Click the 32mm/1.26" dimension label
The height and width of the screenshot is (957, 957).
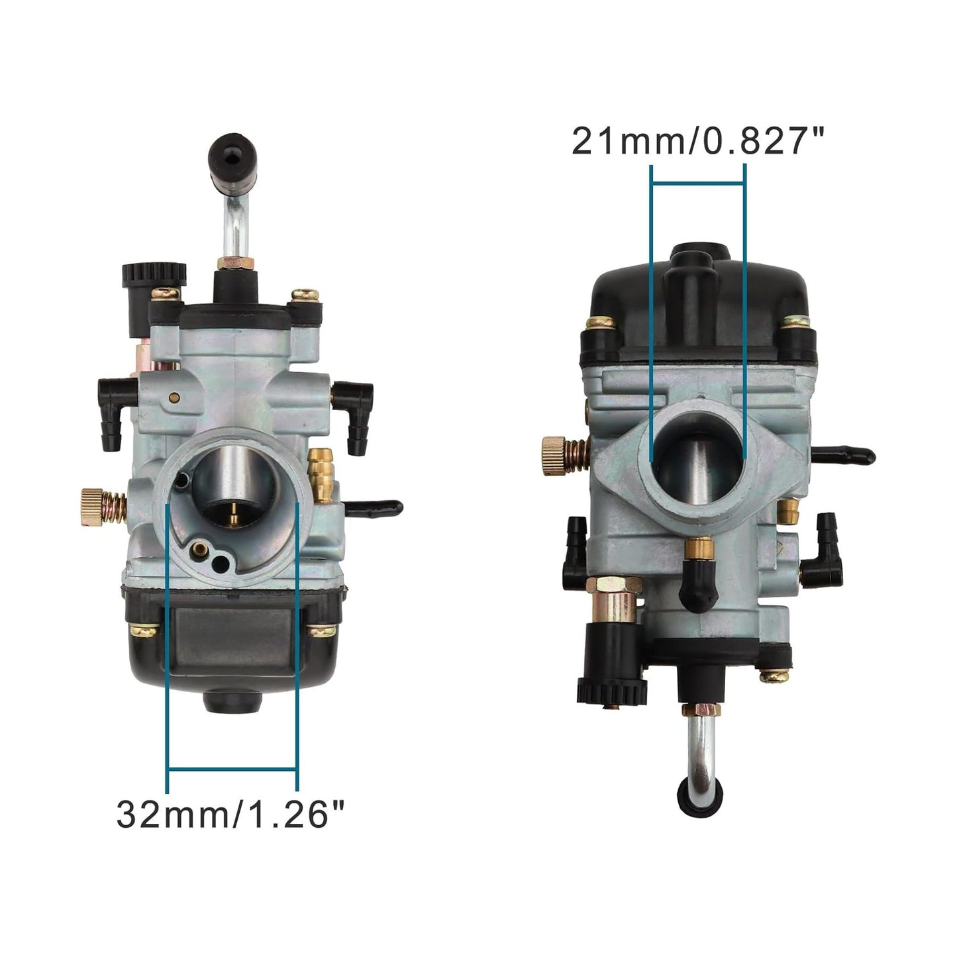pos(231,814)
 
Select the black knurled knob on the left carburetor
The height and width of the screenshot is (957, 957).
pos(152,279)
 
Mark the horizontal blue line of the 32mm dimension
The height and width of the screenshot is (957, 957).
pos(231,769)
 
